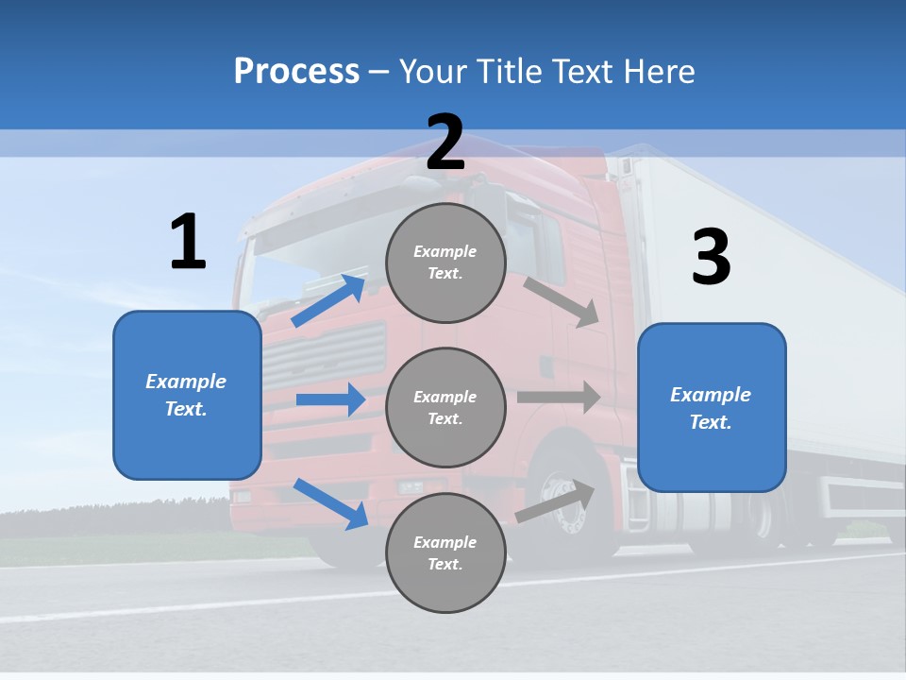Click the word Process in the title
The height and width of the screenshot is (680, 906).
[296, 72]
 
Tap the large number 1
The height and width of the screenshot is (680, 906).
[188, 242]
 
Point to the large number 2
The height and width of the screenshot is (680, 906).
[445, 143]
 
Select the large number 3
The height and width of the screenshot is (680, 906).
[711, 258]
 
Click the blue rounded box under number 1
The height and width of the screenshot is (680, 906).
[187, 395]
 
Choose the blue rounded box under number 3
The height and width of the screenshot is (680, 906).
[712, 408]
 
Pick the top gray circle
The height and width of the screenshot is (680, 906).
[445, 263]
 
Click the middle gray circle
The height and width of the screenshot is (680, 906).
[445, 407]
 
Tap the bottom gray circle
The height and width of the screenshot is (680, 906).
[445, 552]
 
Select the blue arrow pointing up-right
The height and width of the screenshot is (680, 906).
[329, 300]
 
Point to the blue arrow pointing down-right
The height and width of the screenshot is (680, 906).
[330, 503]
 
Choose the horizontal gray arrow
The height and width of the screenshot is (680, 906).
[559, 397]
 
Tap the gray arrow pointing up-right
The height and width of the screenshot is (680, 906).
[556, 501]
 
